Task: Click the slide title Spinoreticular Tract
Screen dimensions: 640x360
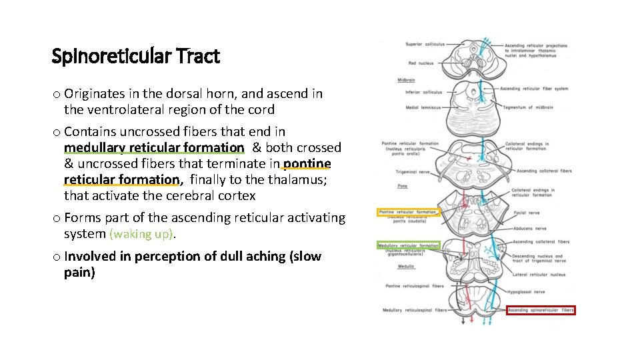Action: pos(135,57)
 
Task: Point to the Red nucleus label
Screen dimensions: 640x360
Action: pos(421,63)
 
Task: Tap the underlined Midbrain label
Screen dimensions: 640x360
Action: pos(406,80)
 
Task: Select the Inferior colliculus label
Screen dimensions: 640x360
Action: pos(423,92)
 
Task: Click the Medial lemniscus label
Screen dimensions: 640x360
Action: pos(423,107)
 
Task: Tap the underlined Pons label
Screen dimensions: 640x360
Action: pos(402,186)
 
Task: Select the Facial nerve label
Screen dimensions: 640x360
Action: pos(523,214)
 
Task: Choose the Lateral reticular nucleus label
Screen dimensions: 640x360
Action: pos(539,274)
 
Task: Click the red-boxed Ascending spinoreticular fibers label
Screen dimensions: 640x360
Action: pos(541,310)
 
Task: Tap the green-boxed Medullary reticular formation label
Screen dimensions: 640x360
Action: pos(409,245)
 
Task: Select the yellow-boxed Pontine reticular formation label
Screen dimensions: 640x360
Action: pos(407,212)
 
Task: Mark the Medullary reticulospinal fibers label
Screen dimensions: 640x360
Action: pos(413,310)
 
